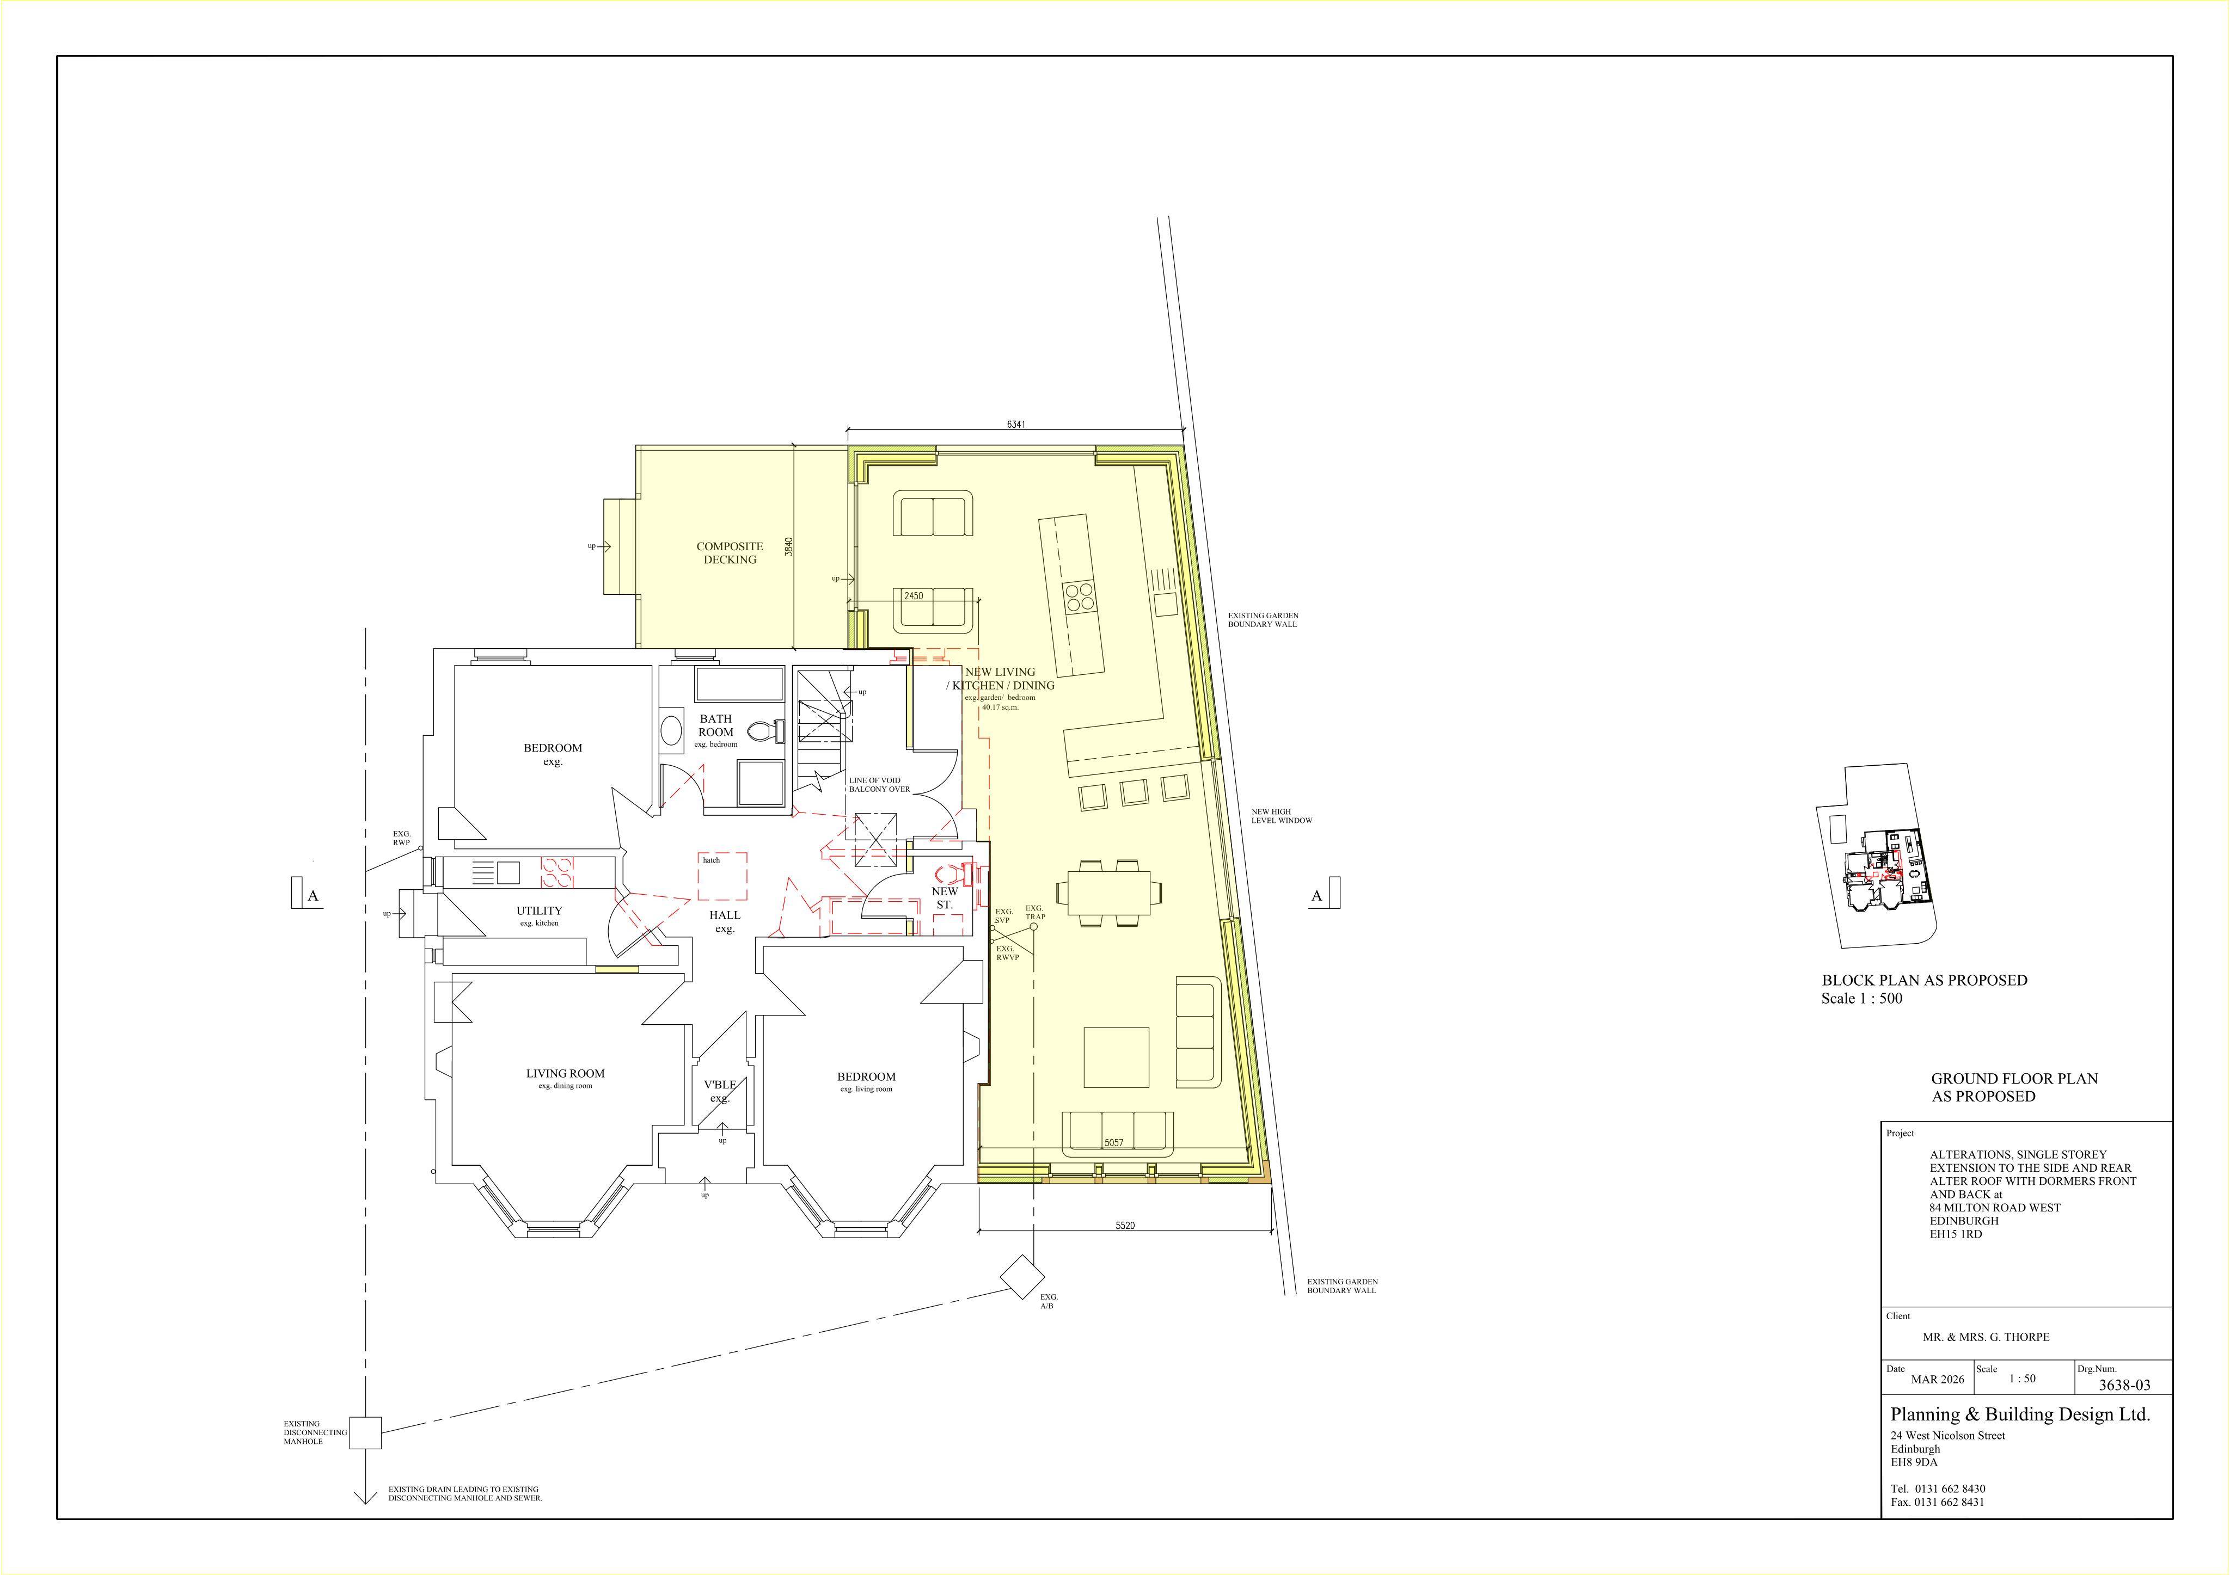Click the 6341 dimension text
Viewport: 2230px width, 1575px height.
click(x=1016, y=424)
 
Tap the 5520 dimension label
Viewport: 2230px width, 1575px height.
click(x=1125, y=1226)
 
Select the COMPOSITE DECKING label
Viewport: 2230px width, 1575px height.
click(x=730, y=552)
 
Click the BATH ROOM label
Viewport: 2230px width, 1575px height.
click(x=716, y=725)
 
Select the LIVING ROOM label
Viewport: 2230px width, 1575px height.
click(x=565, y=1073)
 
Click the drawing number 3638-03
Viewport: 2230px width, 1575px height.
click(x=2124, y=1386)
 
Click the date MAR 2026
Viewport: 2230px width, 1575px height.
click(x=1938, y=1379)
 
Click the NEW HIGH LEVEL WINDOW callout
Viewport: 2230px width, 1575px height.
click(x=1281, y=816)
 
